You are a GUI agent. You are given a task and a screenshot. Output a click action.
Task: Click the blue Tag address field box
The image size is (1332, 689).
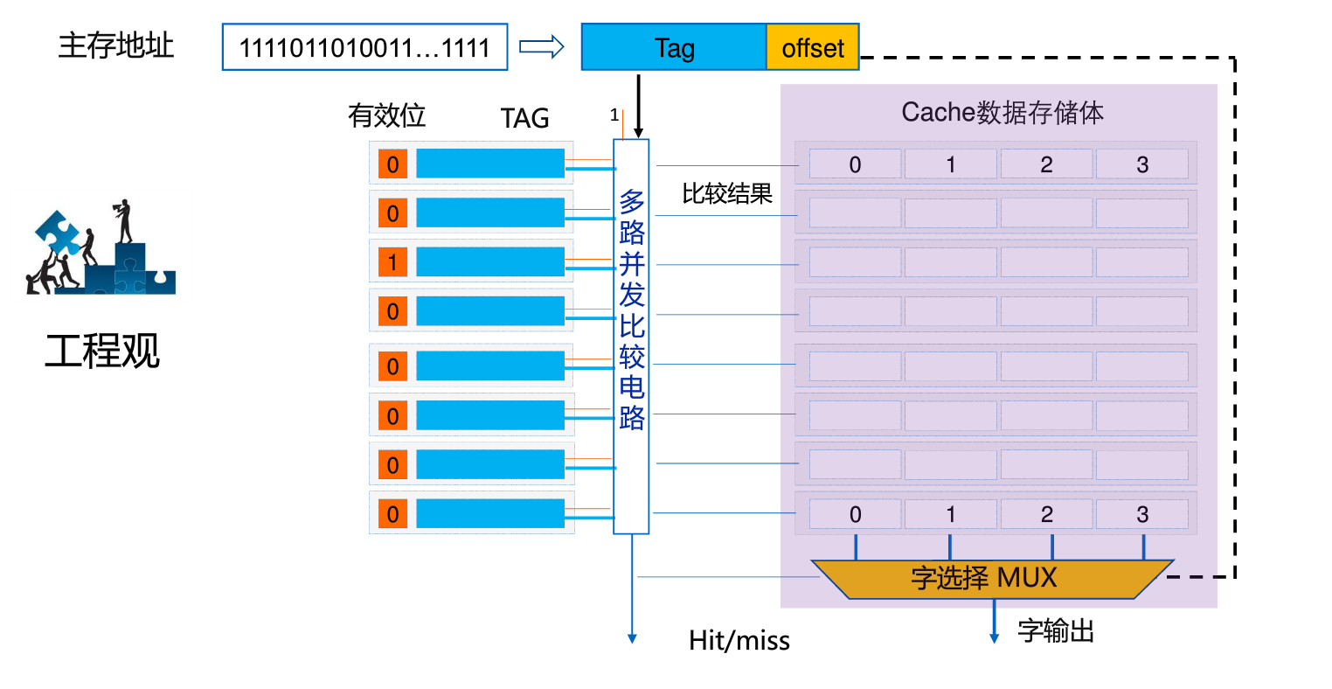tap(673, 47)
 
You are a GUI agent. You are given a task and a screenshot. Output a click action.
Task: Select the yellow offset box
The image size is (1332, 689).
tap(812, 47)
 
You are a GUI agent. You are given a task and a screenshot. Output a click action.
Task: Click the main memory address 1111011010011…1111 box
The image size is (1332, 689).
tap(364, 47)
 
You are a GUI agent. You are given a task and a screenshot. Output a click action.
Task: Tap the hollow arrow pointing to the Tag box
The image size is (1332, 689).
tap(542, 46)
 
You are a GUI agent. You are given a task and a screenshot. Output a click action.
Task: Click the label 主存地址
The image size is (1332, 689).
tap(116, 45)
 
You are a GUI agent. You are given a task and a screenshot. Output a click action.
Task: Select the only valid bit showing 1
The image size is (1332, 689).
tap(392, 261)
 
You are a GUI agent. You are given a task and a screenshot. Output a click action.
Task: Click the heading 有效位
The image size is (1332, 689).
tap(386, 115)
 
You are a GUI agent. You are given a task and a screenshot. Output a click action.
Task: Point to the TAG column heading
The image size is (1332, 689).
tap(524, 118)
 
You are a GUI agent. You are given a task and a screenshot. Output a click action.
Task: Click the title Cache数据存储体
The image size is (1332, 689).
tap(1002, 112)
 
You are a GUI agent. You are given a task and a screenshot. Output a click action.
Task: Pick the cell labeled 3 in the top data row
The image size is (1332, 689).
tap(1141, 164)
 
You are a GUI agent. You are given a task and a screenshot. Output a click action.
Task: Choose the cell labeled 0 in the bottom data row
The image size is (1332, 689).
tap(855, 514)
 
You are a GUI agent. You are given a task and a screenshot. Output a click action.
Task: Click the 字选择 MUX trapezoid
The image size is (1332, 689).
tap(991, 578)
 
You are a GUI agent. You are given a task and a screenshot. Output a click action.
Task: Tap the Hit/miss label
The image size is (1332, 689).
tap(739, 641)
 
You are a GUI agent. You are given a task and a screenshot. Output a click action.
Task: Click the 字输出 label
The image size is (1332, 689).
tap(1056, 630)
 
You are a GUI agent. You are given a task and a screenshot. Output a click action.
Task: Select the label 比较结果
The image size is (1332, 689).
tap(727, 193)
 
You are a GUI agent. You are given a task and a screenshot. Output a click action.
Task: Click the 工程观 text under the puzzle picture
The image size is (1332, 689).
tap(102, 351)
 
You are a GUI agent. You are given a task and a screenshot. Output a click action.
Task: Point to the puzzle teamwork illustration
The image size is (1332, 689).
tap(101, 248)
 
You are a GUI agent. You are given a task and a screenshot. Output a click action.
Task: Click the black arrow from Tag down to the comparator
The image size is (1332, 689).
tap(638, 105)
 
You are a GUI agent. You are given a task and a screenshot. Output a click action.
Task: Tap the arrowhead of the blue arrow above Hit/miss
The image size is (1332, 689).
tap(632, 638)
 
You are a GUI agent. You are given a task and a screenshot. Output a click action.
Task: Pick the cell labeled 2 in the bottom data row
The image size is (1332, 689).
tap(1046, 514)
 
